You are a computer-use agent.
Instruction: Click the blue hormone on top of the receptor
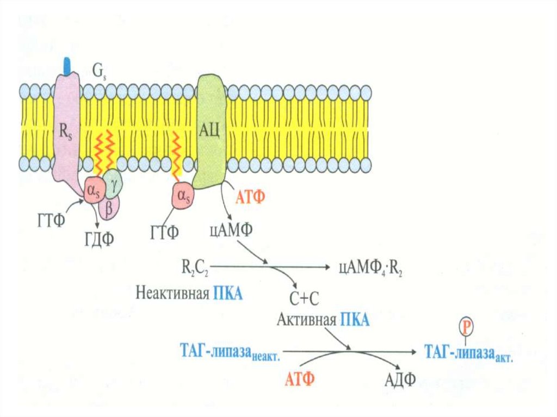click(67, 66)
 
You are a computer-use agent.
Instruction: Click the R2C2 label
click(195, 267)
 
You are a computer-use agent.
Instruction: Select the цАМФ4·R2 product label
click(370, 267)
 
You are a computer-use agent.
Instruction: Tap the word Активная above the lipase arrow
click(306, 320)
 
